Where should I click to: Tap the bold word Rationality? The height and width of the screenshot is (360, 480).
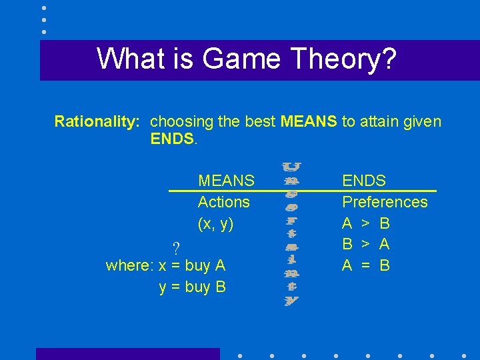[97, 121]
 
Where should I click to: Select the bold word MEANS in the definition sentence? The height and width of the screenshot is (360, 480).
[309, 121]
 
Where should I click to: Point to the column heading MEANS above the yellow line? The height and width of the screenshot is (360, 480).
[226, 180]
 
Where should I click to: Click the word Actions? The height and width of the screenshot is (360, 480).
[224, 201]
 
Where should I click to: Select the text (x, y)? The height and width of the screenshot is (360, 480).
[215, 224]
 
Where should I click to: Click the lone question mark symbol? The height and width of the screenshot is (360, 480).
[176, 249]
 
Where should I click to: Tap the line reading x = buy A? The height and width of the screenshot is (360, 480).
[192, 265]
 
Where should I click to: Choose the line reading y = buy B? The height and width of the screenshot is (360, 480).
[193, 287]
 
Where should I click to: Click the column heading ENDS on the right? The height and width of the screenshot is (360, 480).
[364, 180]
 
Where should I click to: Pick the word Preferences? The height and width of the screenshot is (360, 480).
[385, 201]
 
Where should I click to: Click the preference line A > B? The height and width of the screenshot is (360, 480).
[366, 223]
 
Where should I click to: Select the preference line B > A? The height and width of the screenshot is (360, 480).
[366, 244]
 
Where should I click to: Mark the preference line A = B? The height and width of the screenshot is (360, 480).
[366, 265]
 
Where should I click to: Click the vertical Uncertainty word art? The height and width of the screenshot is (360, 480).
[291, 233]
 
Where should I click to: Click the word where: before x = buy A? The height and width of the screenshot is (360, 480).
[130, 265]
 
